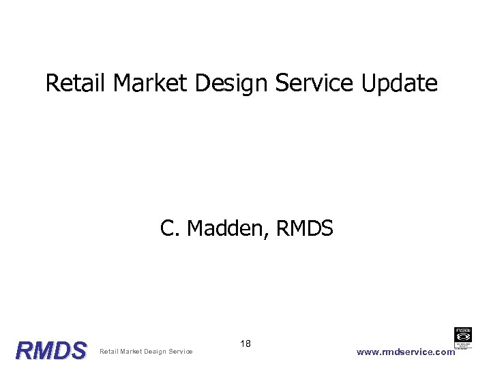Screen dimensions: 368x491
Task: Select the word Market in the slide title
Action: pos(151,83)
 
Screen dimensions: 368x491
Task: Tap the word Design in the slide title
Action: pos(232,85)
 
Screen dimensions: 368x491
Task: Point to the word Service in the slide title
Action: pos(314,83)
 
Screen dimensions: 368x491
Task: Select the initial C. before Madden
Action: pos(170,228)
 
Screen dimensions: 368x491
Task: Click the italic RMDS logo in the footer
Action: pos(52,351)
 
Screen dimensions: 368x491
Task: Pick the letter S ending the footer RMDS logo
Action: pos(79,351)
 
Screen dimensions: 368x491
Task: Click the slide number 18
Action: pos(245,343)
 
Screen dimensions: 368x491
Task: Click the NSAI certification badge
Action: pos(464,338)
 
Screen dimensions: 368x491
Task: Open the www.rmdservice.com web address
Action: pos(405,352)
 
